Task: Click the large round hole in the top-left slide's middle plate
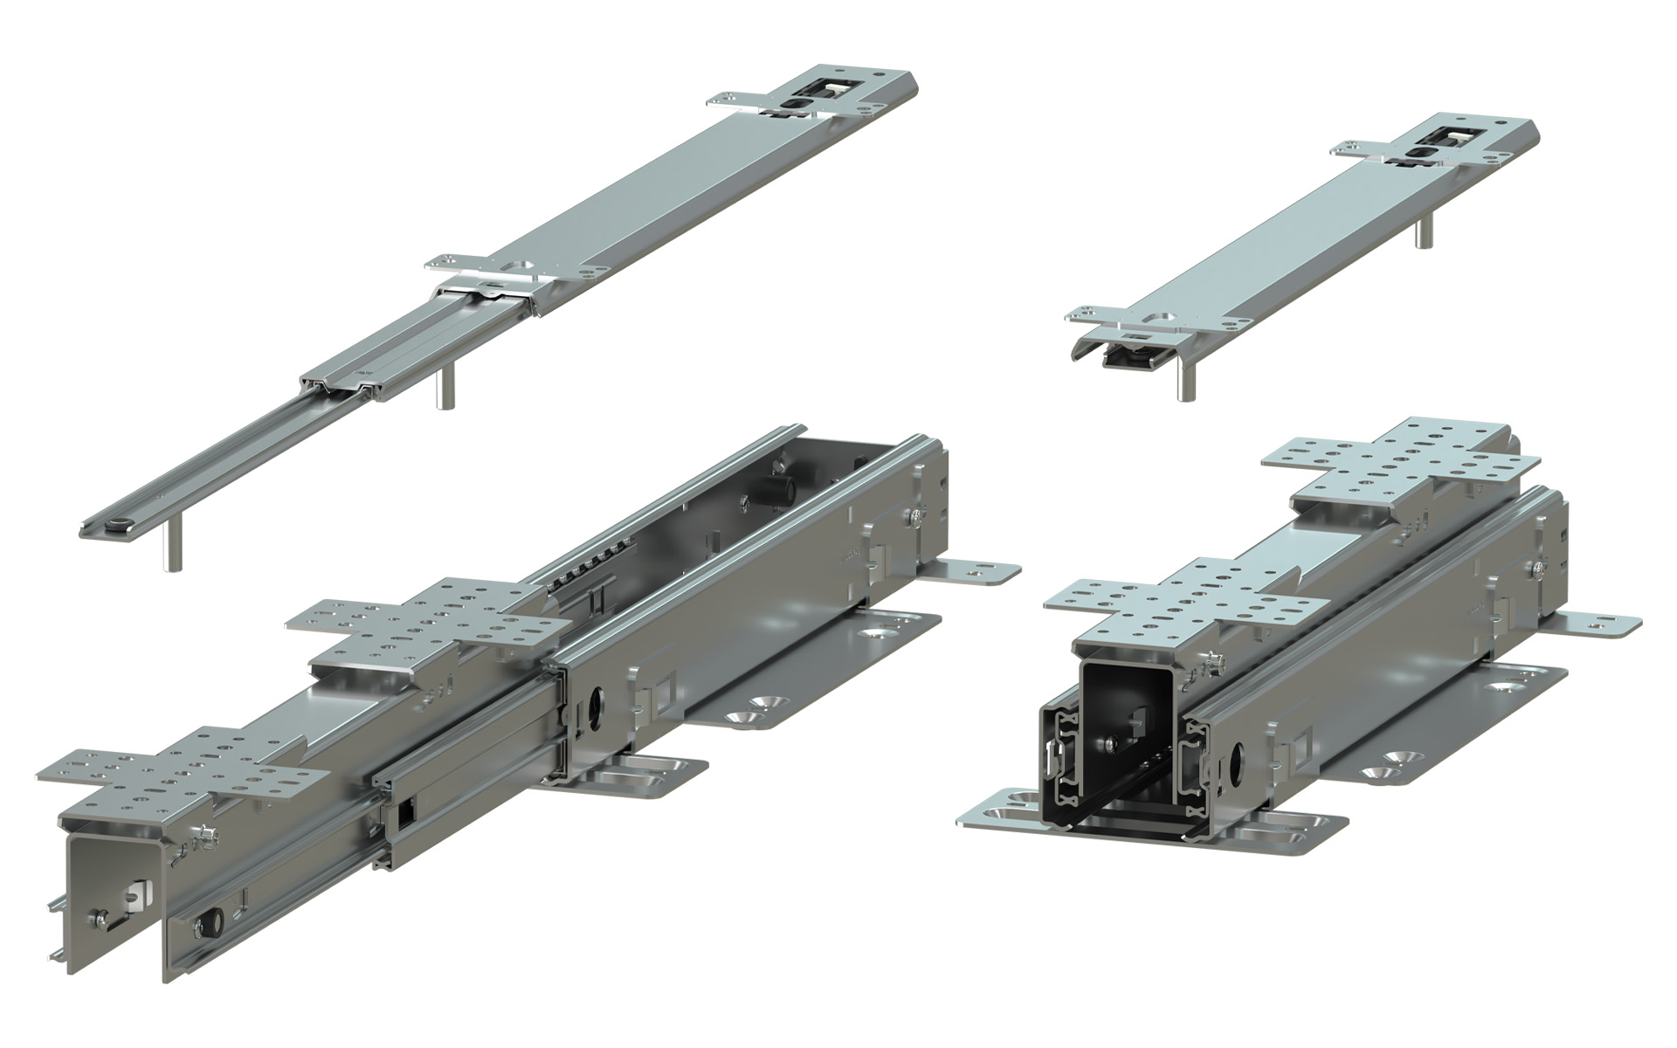pos(521,265)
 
